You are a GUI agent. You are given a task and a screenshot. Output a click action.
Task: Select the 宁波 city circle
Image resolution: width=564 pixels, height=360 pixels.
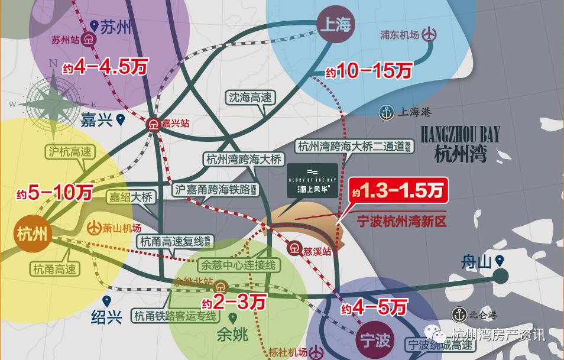[375, 340]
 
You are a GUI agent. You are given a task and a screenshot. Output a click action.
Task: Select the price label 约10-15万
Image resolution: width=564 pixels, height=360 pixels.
[368, 72]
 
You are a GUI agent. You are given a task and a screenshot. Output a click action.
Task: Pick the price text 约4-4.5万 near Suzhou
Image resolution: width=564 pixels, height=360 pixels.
[104, 67]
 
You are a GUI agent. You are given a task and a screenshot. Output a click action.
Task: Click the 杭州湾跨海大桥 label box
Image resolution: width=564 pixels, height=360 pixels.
[245, 159]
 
